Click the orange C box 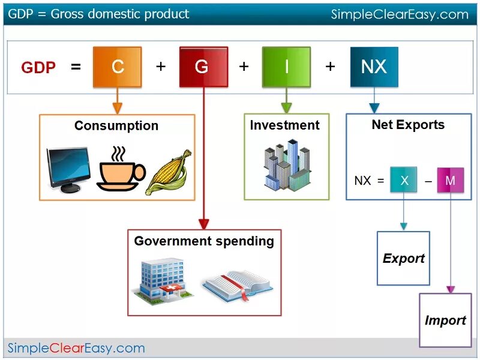[x=118, y=67]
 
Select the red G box [x=203, y=67]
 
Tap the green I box [x=286, y=67]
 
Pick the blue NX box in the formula [x=374, y=67]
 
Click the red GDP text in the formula [x=38, y=68]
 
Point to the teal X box [x=404, y=180]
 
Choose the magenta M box [x=450, y=180]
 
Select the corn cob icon [x=169, y=172]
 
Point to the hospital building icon [x=161, y=278]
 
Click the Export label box [x=403, y=259]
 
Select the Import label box [x=445, y=320]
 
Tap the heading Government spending [x=204, y=241]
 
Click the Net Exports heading [x=408, y=125]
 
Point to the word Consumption [x=116, y=126]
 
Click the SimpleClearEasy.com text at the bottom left [x=76, y=348]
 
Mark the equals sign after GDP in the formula [x=76, y=67]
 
